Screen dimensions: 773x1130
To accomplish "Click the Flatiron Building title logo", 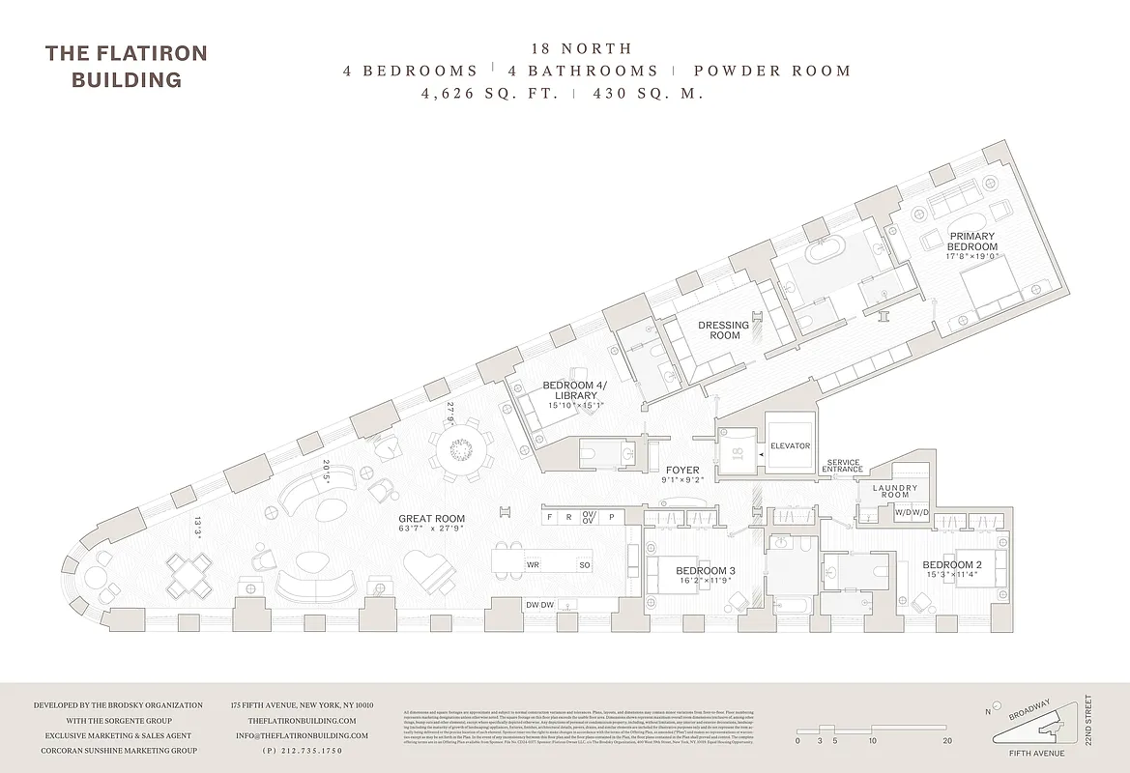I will [126, 66].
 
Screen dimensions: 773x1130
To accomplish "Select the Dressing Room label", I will [724, 330].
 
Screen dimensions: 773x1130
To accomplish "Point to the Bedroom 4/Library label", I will [575, 390].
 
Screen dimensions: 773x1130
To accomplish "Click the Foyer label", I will [682, 471].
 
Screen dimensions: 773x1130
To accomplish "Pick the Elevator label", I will [790, 446].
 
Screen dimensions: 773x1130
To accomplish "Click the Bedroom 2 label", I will [952, 565].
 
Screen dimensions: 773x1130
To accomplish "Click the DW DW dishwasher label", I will [539, 604].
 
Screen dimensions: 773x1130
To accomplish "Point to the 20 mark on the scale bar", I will [946, 741].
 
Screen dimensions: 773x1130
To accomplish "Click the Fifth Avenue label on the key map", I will [1031, 753].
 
